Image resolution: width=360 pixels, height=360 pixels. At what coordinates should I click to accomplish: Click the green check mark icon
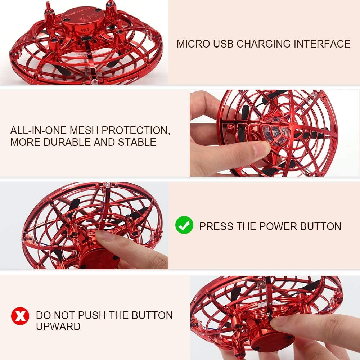click(184, 225)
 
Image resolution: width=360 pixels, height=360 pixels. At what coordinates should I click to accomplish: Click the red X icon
click(20, 316)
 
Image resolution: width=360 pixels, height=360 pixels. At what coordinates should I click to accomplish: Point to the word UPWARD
click(58, 327)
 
